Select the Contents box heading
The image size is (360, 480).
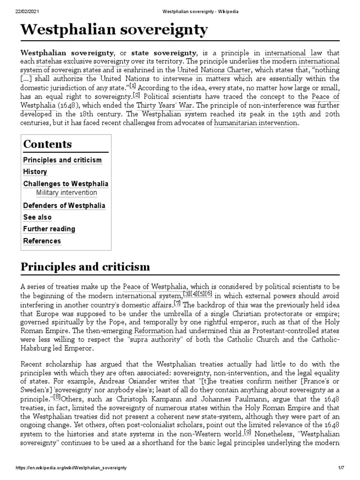(x=47, y=144)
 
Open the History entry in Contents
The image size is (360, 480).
(x=35, y=172)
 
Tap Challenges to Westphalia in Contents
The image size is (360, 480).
(x=66, y=184)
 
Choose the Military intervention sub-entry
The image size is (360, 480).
(x=67, y=193)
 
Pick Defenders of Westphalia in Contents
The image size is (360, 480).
(x=64, y=206)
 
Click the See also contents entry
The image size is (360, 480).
(x=37, y=217)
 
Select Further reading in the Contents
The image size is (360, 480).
(x=49, y=229)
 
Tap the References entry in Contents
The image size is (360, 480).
(x=42, y=241)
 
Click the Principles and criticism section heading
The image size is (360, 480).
(x=85, y=267)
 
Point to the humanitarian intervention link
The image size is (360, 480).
(x=255, y=123)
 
